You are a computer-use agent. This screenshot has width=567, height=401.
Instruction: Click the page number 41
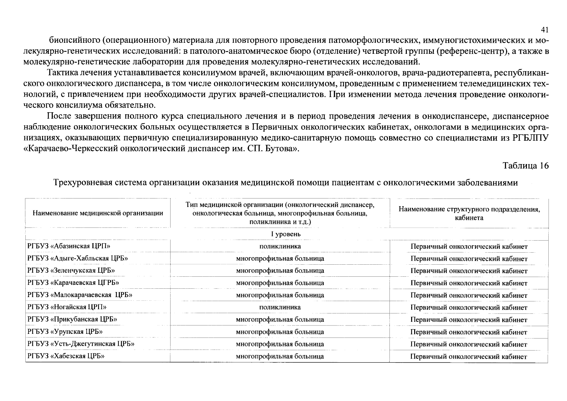click(x=544, y=30)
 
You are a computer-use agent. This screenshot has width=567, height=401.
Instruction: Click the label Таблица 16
click(x=526, y=166)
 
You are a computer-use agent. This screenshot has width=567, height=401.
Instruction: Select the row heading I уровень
click(x=286, y=234)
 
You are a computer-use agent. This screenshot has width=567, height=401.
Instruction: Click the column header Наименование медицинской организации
click(x=98, y=213)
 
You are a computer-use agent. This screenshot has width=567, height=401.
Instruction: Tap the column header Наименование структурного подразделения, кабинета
click(x=469, y=213)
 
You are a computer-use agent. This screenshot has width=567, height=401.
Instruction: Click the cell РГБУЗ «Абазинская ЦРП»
click(x=69, y=246)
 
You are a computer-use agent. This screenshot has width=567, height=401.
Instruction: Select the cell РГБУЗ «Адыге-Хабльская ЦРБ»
click(x=78, y=258)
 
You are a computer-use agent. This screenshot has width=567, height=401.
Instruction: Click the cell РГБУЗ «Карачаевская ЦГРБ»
click(x=73, y=283)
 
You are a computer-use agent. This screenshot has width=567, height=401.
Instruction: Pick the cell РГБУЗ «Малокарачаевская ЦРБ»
click(x=80, y=295)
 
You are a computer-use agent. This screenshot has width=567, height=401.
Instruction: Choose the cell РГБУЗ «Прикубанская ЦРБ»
click(x=72, y=319)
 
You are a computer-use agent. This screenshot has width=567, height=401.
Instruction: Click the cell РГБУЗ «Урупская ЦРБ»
click(x=65, y=331)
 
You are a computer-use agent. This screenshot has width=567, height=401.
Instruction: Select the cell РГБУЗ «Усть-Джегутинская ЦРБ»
click(x=81, y=344)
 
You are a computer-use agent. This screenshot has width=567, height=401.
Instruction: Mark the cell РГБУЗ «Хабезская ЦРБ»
click(x=66, y=356)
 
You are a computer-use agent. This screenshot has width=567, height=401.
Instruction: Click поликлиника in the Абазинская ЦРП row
click(x=280, y=246)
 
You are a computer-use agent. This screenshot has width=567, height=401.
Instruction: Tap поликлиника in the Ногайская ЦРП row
click(x=280, y=307)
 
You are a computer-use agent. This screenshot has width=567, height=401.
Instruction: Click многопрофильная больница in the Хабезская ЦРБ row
click(x=280, y=356)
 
